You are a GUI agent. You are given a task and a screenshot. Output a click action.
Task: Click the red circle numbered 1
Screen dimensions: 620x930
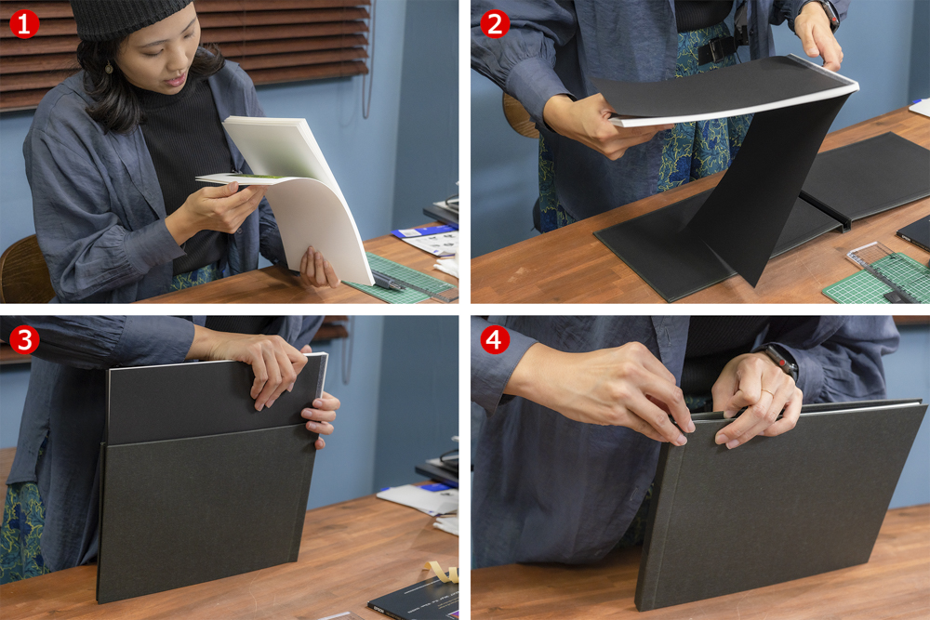click(x=23, y=23)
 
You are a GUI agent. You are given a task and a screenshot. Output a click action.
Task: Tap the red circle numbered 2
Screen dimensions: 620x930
click(x=495, y=23)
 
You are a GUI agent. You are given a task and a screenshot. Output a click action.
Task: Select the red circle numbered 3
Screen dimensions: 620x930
click(x=23, y=339)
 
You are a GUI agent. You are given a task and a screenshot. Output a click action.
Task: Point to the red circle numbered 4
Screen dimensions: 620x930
click(x=495, y=339)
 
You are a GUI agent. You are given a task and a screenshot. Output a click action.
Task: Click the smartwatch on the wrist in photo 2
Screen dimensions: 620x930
click(x=823, y=11)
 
